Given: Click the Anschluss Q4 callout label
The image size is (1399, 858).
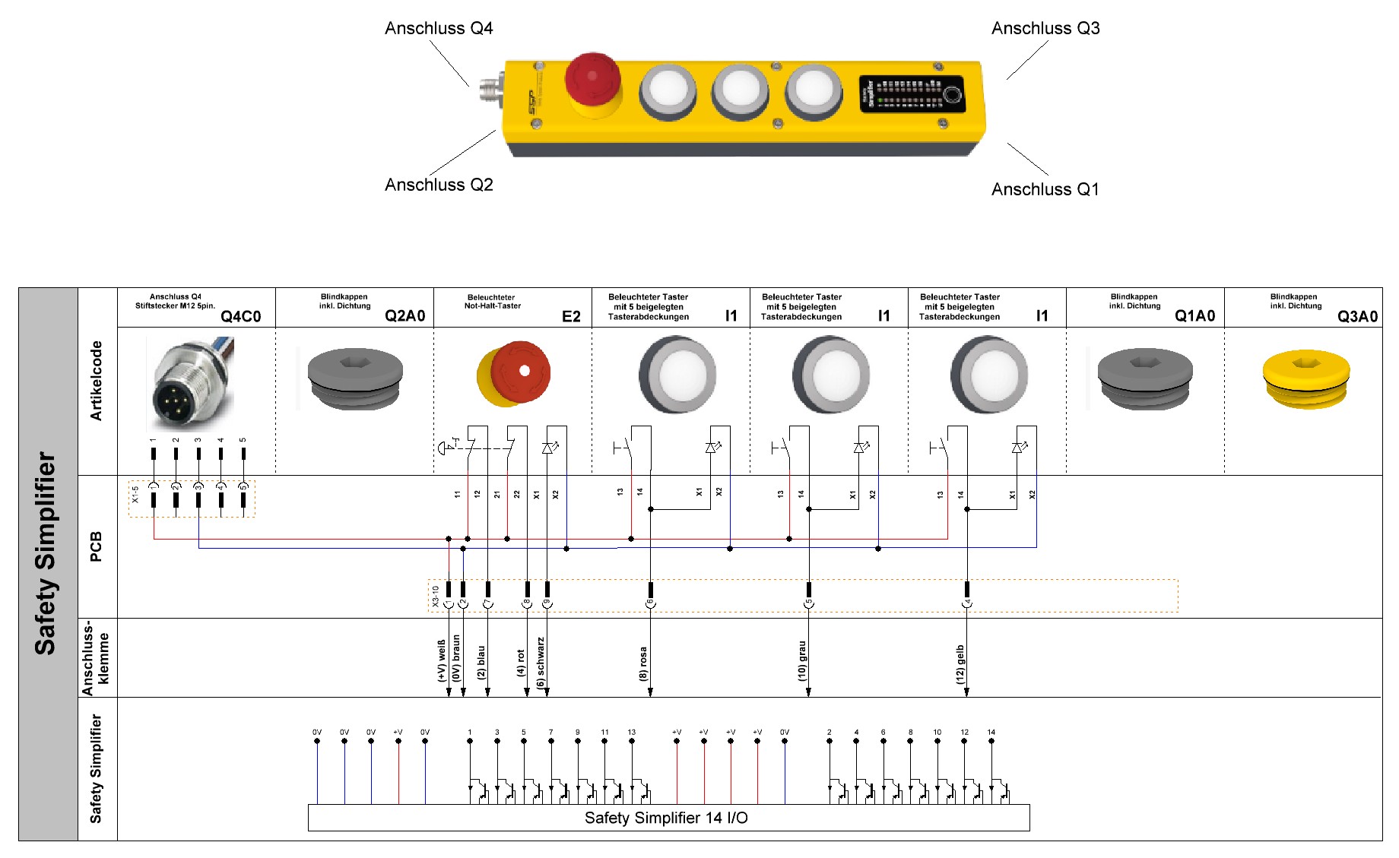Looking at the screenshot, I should click(439, 29).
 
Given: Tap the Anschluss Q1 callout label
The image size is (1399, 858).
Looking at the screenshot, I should click(1045, 189).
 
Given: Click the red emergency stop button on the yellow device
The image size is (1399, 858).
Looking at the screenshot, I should click(592, 79).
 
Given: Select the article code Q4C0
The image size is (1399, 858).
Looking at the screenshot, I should click(240, 316).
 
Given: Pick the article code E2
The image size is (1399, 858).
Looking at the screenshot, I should click(571, 316).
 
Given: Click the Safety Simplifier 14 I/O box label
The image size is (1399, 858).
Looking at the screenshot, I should click(666, 818).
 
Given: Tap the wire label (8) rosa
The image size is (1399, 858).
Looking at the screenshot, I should click(644, 663).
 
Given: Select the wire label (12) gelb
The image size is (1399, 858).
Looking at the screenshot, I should click(960, 664).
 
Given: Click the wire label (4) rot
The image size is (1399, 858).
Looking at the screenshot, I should click(521, 662).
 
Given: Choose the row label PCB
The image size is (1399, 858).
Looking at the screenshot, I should click(96, 546).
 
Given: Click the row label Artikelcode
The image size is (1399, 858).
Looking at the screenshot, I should click(96, 381).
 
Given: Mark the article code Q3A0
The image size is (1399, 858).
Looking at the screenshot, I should click(1357, 316).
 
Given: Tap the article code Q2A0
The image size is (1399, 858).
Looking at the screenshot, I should click(404, 316).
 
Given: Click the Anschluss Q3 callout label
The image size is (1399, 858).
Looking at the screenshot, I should click(1045, 29).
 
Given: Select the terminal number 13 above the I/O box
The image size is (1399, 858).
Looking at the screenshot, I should click(632, 733).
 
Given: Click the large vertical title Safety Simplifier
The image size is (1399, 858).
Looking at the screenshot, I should click(46, 553).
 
